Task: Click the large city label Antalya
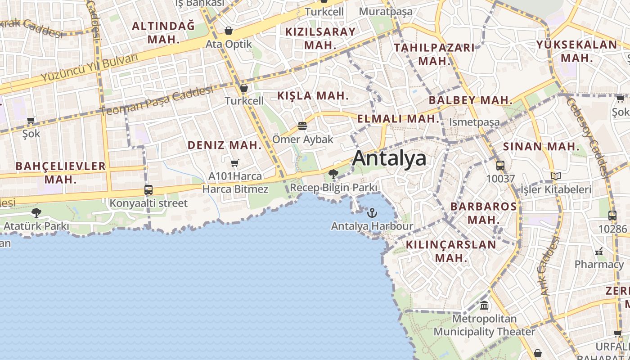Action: click(x=389, y=158)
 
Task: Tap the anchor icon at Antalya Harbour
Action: click(x=372, y=212)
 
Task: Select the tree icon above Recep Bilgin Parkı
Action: click(x=333, y=174)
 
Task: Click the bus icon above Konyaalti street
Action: click(x=148, y=189)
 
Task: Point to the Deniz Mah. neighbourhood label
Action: click(x=225, y=145)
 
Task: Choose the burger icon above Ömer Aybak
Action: click(x=302, y=126)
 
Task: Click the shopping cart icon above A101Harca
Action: click(x=234, y=162)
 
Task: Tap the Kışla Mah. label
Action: click(x=313, y=95)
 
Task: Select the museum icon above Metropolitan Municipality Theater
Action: click(x=484, y=306)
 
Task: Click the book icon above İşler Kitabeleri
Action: click(x=556, y=176)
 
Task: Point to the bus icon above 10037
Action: click(x=500, y=165)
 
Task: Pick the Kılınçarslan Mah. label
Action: click(x=451, y=251)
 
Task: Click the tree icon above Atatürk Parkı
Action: click(x=36, y=212)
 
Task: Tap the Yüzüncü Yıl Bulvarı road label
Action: click(x=89, y=67)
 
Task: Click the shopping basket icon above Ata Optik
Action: click(x=229, y=31)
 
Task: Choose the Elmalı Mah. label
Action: click(x=398, y=119)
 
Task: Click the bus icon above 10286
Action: click(x=612, y=215)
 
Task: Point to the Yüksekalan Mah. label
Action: click(x=576, y=51)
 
